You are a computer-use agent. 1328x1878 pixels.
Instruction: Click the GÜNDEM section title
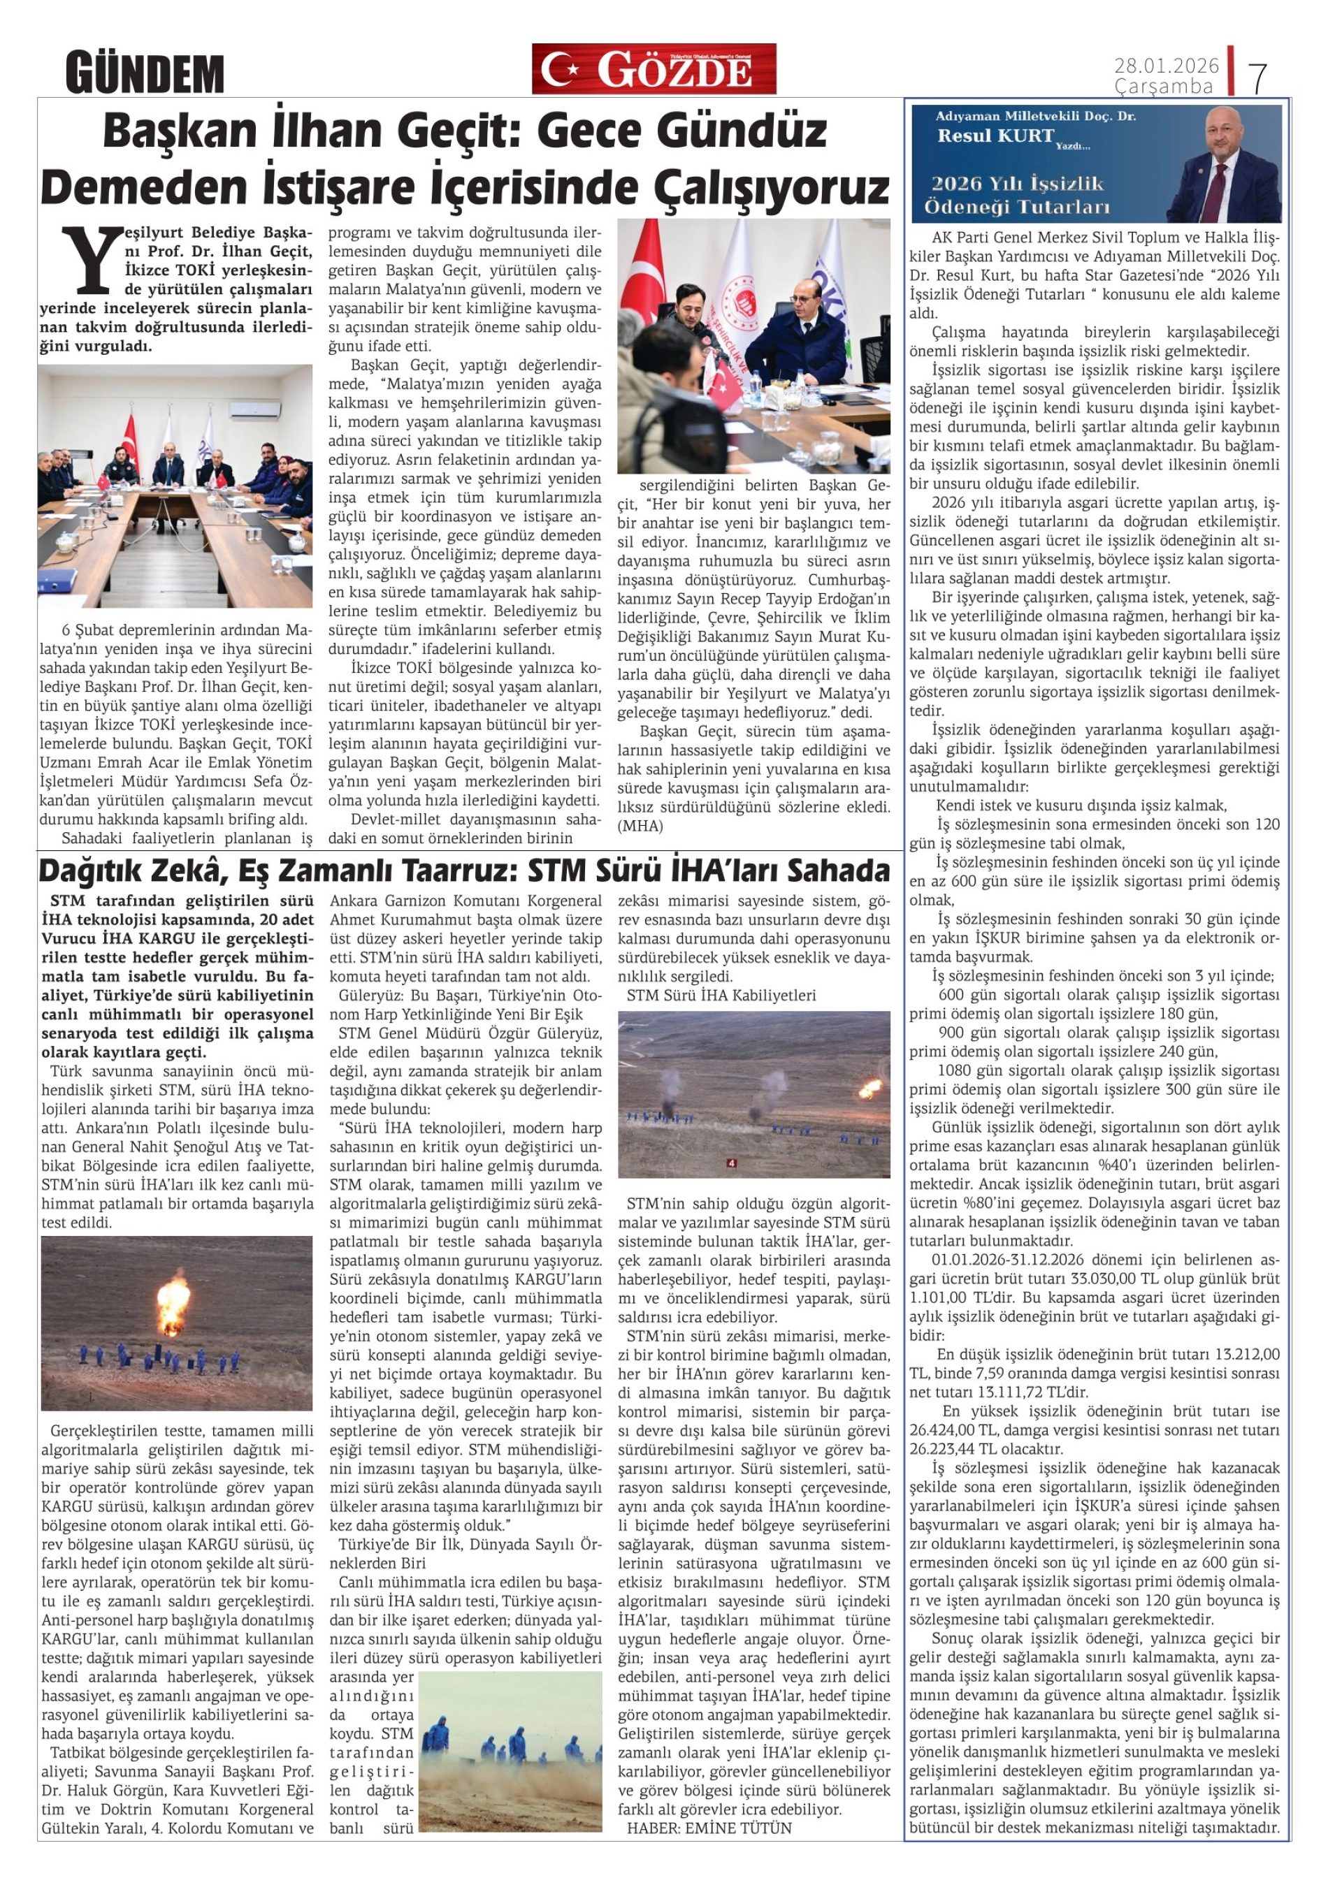[x=145, y=73]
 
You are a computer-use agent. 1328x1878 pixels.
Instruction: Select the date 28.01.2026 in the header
[x=1166, y=66]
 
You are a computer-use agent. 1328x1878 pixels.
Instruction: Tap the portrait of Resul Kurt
[x=1222, y=163]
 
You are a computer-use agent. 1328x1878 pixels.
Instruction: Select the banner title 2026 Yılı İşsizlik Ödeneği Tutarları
[x=1016, y=195]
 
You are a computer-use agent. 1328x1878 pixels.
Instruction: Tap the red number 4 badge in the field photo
[x=730, y=1163]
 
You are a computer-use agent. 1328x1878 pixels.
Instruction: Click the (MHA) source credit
[x=641, y=826]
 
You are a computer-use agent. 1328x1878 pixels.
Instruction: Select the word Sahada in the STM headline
[x=838, y=871]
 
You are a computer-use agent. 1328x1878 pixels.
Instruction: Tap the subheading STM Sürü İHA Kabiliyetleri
[x=721, y=996]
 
